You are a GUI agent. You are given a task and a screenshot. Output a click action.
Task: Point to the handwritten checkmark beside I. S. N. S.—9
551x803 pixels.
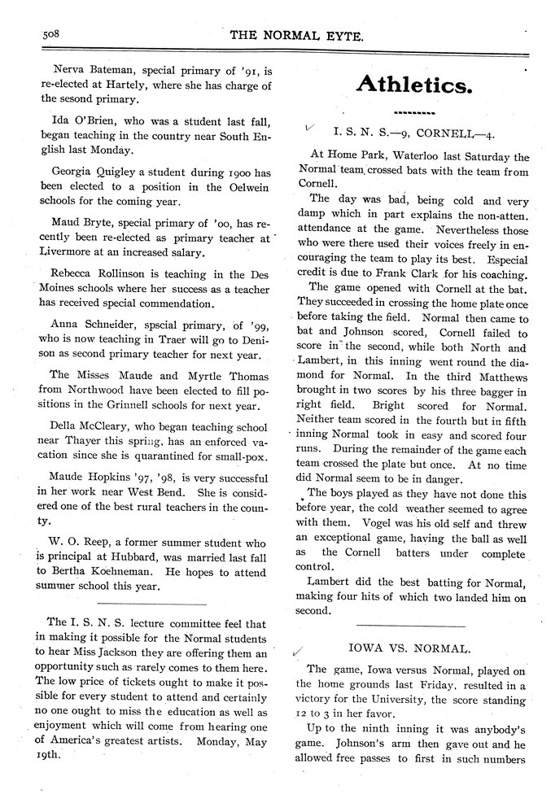(x=308, y=127)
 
